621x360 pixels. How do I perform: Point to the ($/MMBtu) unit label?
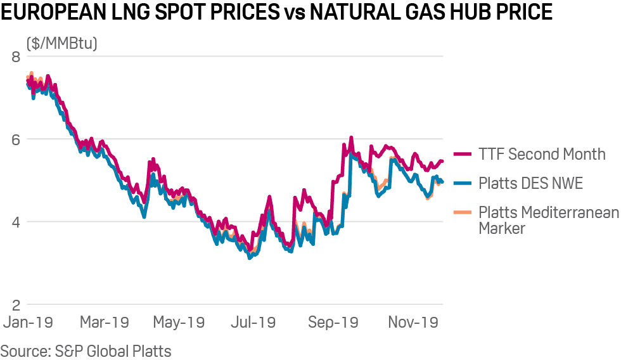click(61, 44)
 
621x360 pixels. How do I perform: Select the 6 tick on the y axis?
click(16, 139)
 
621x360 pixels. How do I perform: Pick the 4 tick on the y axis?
click(16, 222)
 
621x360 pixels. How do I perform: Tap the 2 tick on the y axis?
click(16, 304)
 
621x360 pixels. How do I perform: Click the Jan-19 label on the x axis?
click(29, 322)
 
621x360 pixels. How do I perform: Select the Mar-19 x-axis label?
click(104, 322)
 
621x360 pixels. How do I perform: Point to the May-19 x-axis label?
click(179, 322)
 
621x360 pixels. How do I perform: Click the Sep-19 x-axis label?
click(333, 322)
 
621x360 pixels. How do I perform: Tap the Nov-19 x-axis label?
click(413, 322)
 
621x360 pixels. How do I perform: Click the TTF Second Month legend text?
click(542, 154)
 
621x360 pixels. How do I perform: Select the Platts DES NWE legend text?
click(530, 184)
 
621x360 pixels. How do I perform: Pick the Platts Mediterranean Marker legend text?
click(548, 220)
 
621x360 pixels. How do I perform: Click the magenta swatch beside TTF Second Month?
click(463, 154)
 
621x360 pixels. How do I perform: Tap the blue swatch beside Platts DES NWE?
click(463, 184)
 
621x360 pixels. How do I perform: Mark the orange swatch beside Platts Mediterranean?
click(463, 213)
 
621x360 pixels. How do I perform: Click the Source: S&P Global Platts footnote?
click(86, 350)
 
